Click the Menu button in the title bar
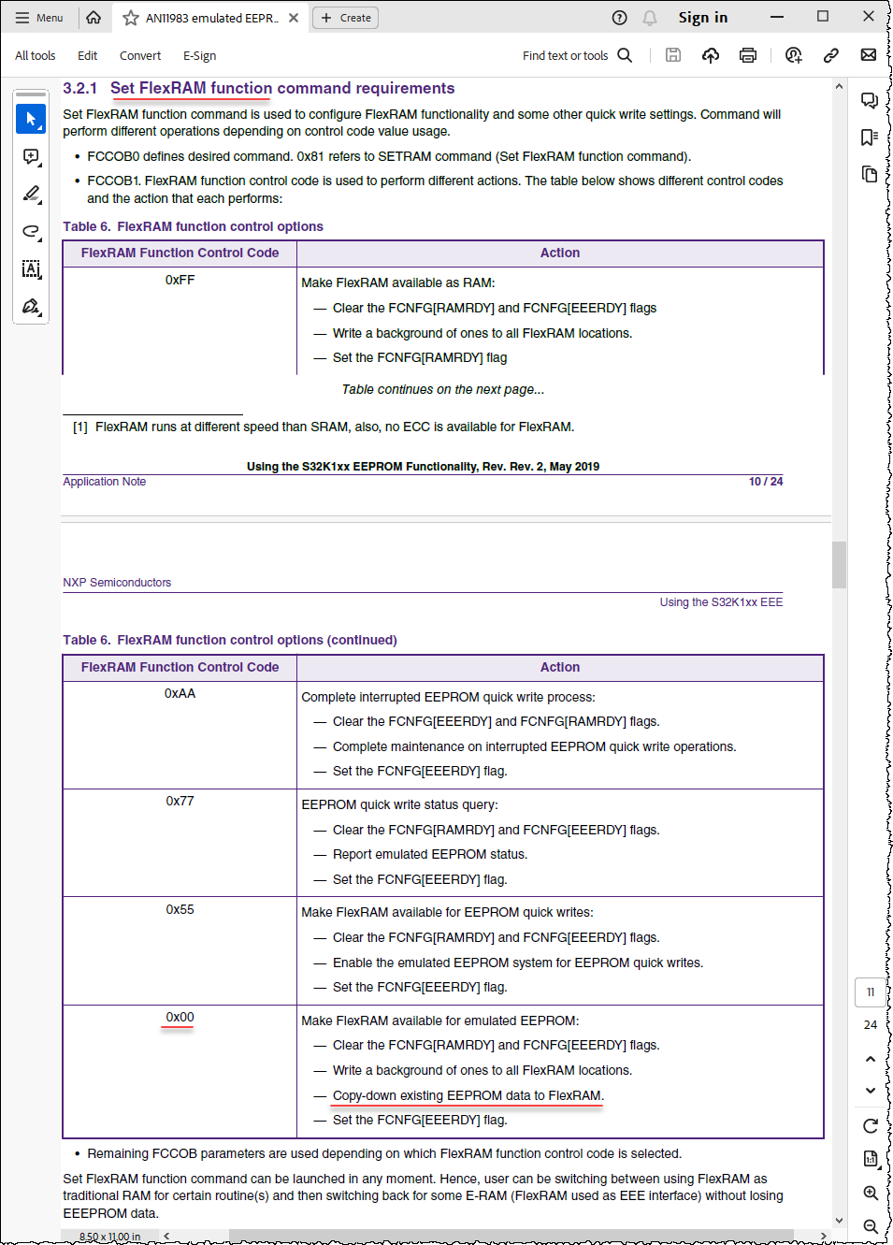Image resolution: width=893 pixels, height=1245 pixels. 39,18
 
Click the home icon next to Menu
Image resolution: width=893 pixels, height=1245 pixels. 94,18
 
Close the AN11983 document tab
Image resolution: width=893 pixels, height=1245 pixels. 294,18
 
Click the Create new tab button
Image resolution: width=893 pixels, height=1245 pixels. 345,18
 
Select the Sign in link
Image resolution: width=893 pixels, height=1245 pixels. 702,18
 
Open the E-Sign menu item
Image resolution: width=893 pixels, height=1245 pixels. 199,56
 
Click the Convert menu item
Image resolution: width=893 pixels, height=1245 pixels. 140,56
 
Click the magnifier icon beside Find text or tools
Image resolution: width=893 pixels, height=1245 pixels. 625,55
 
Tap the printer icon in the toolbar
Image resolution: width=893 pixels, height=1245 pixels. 747,55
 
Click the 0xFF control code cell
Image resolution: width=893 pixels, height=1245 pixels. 180,280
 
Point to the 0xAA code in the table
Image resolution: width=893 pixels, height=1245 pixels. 180,693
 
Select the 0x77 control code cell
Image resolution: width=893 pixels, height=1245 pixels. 180,801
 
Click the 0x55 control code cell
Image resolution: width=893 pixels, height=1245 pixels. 180,909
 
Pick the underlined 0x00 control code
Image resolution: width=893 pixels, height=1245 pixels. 180,1017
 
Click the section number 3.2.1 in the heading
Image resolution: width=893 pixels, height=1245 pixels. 80,88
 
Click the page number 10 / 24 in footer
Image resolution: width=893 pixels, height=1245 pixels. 765,482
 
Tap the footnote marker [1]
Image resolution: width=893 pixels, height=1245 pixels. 80,427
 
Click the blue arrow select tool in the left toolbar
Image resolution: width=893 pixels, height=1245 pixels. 31,119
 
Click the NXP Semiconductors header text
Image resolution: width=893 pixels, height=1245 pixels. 117,583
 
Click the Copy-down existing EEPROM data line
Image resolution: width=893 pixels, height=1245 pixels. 468,1095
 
